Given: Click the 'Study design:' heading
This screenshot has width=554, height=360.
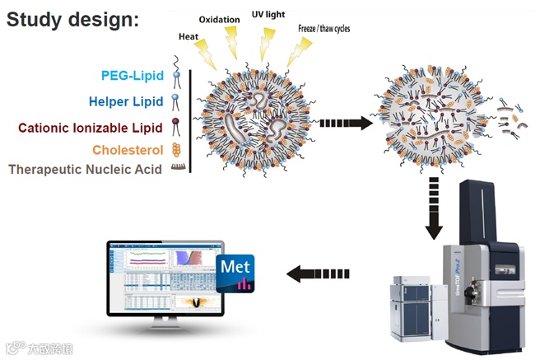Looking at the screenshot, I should tap(72, 19).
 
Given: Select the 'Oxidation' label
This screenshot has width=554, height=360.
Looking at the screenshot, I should tap(220, 19).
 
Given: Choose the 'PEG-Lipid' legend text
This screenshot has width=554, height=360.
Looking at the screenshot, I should tap(131, 77).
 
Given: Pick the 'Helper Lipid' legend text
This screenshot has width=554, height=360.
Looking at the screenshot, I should tap(126, 103).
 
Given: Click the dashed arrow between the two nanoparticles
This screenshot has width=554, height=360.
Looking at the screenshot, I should tap(344, 123).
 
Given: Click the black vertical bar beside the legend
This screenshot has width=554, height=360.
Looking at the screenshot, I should tap(190, 122).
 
